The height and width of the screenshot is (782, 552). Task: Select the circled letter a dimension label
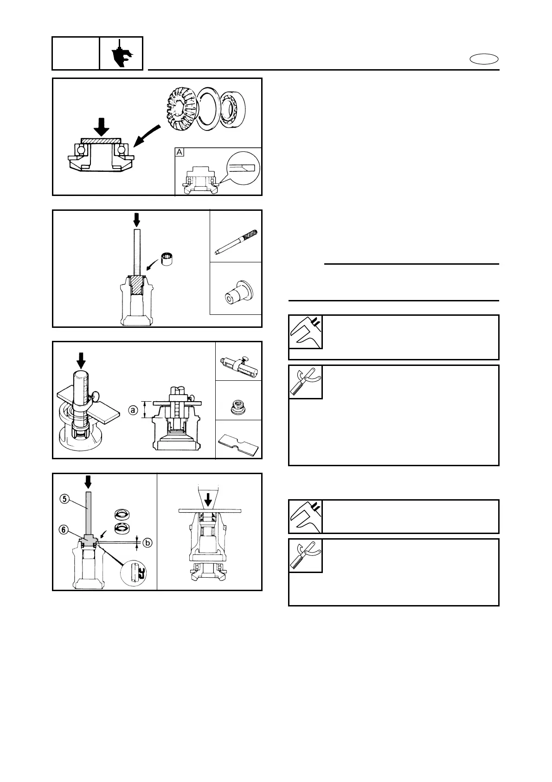tap(133, 410)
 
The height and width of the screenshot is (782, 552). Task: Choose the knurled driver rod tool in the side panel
tap(236, 240)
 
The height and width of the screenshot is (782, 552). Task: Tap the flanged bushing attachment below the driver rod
tap(236, 291)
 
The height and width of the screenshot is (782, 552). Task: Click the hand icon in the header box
tap(121, 54)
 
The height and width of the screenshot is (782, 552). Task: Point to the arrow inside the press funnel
tap(209, 499)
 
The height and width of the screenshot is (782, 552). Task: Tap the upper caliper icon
tap(305, 332)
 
